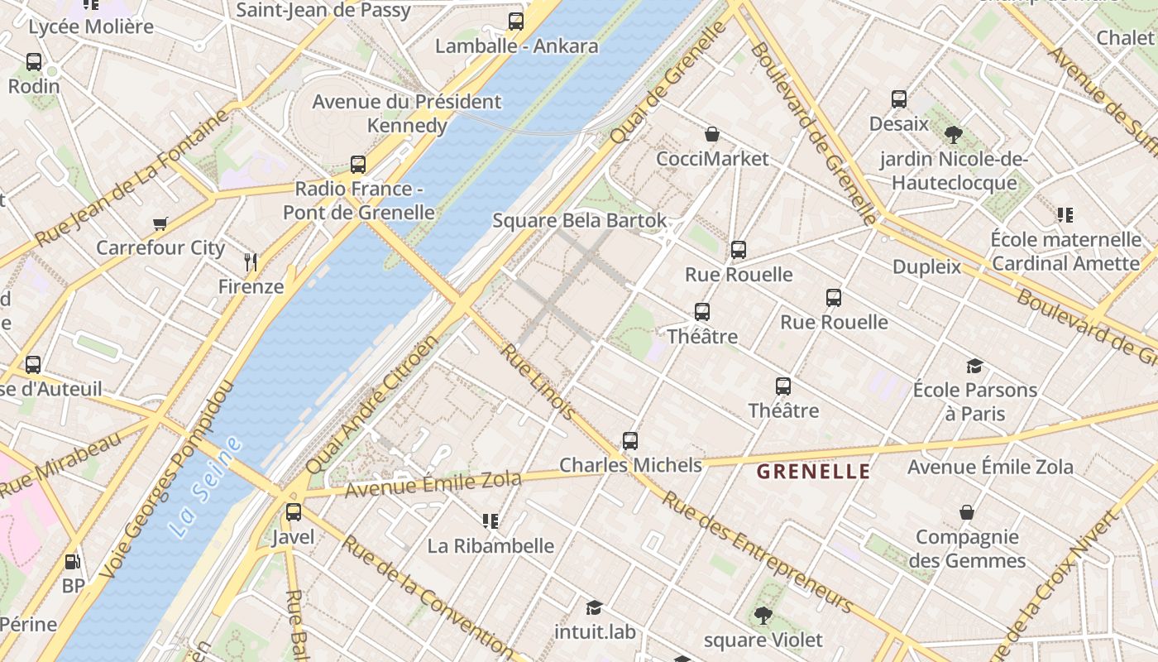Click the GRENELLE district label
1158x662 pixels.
(x=814, y=472)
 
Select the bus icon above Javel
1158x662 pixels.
(x=294, y=512)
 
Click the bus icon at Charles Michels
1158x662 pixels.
(x=630, y=441)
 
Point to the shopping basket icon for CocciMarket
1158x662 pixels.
(x=712, y=134)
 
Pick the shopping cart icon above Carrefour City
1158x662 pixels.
(x=160, y=223)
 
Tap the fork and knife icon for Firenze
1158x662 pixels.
(x=251, y=263)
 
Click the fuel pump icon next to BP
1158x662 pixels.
(x=73, y=562)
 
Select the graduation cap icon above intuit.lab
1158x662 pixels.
(x=594, y=608)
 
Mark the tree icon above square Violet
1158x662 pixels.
(x=763, y=616)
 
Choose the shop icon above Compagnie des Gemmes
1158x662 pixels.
(x=967, y=513)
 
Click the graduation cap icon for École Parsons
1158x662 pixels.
(x=975, y=366)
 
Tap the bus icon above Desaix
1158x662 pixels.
(x=899, y=99)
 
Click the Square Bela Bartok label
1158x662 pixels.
(x=579, y=221)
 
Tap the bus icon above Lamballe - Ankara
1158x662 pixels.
(x=516, y=22)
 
